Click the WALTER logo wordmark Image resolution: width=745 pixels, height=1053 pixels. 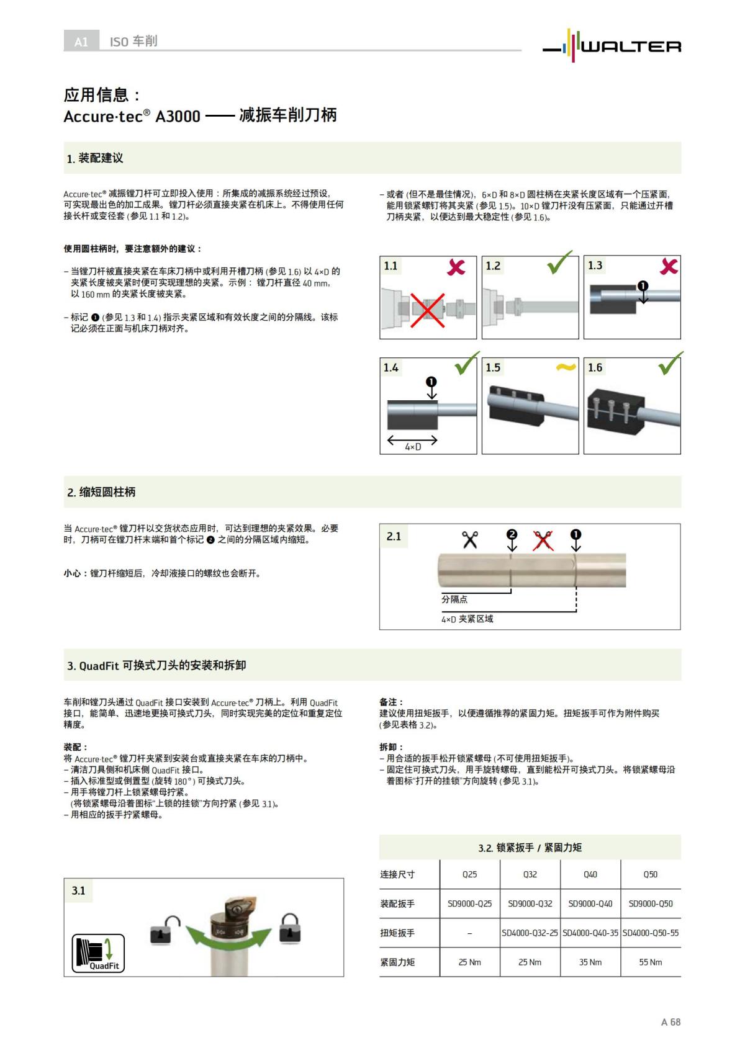tap(630, 47)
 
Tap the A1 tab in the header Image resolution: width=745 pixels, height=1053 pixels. tap(81, 42)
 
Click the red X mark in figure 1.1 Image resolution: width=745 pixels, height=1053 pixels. tap(456, 267)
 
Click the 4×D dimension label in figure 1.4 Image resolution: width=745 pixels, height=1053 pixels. tap(413, 447)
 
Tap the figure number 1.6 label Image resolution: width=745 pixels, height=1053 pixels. tap(595, 368)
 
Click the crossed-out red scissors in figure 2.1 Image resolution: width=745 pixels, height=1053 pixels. tap(543, 540)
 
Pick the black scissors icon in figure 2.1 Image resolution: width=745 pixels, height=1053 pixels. tap(470, 539)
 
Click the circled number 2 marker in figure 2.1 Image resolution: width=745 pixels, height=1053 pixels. tap(512, 534)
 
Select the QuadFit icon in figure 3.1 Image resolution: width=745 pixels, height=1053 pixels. tap(98, 953)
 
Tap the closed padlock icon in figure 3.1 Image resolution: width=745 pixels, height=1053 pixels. tap(290, 928)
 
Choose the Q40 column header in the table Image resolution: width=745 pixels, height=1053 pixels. tap(590, 874)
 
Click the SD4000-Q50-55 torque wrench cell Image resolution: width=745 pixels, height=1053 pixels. tap(650, 933)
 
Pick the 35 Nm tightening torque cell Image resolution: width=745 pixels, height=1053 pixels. tap(590, 962)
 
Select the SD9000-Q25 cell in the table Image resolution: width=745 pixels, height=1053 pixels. tap(469, 903)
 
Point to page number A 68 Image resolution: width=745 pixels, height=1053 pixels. tap(670, 1022)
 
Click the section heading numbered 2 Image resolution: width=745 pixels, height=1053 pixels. tap(101, 492)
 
